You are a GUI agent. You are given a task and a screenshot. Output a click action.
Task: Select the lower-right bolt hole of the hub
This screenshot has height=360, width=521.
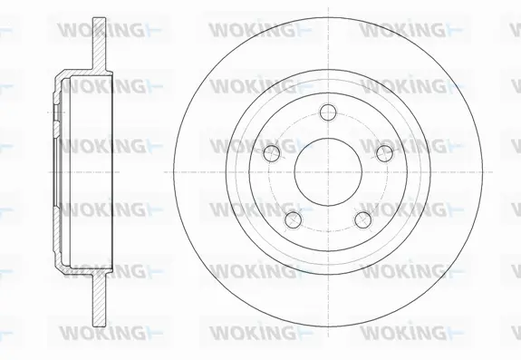(x=363, y=219)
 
